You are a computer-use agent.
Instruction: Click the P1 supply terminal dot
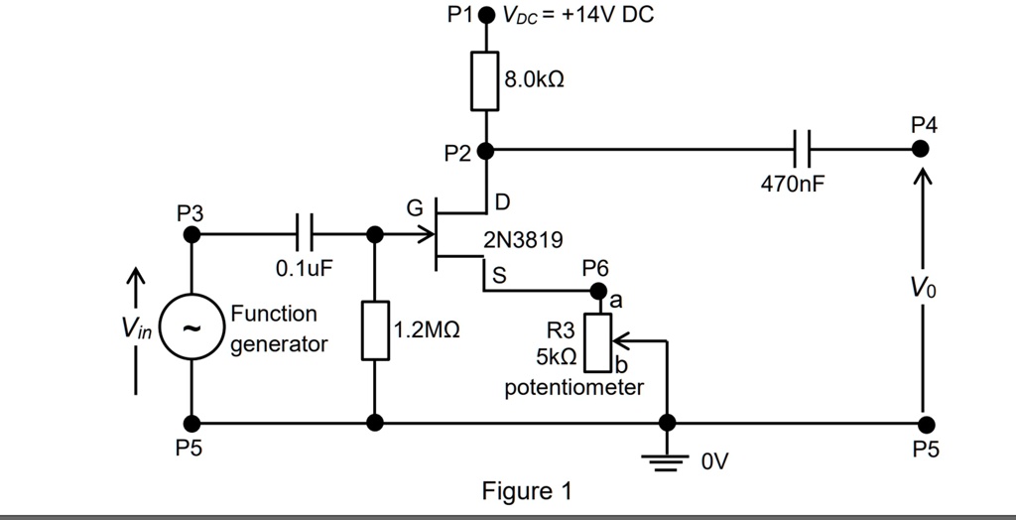pos(486,17)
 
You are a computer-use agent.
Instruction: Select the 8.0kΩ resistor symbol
pos(485,80)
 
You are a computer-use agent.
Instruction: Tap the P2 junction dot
pos(485,152)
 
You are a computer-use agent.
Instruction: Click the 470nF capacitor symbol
pos(803,150)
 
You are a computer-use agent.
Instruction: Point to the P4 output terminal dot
pos(922,149)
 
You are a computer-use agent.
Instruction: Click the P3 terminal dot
pos(192,235)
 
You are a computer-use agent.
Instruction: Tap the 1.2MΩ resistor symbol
pos(375,329)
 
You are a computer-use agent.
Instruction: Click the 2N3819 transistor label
pos(523,240)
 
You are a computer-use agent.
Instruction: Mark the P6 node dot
pos(597,291)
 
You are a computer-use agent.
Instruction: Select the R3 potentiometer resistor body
pos(597,340)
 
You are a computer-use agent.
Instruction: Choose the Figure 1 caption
pos(527,491)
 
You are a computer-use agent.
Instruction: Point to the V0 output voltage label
pos(924,290)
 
